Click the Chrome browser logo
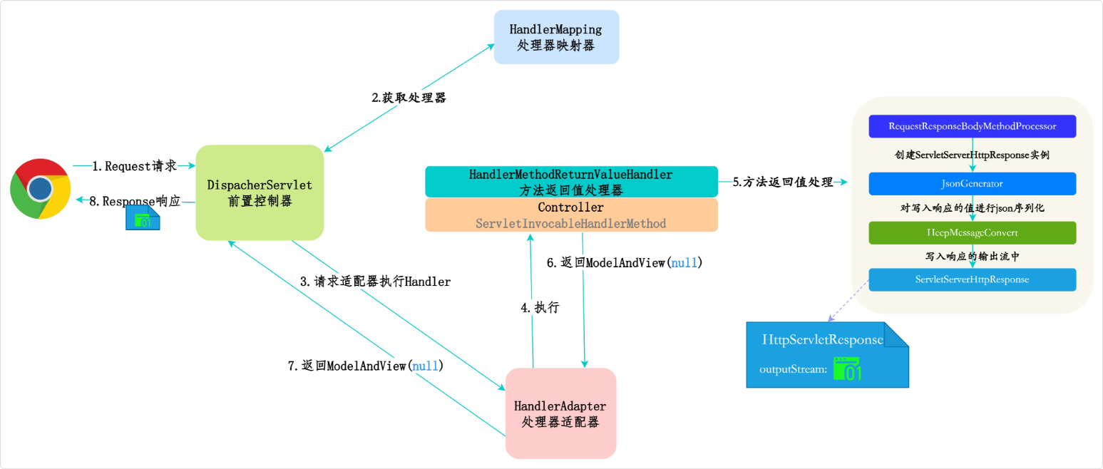click(x=41, y=188)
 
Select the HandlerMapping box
click(x=556, y=37)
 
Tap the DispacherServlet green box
click(x=260, y=192)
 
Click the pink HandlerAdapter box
click(x=560, y=413)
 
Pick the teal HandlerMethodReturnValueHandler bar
click(x=571, y=182)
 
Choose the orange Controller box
click(x=571, y=215)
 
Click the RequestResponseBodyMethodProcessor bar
click(x=972, y=126)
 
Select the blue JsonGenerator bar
click(x=972, y=184)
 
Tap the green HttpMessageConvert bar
click(x=972, y=233)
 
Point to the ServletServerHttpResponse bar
click(x=972, y=279)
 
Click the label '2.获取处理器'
click(x=409, y=98)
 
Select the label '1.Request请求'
click(x=135, y=166)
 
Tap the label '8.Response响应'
click(x=135, y=201)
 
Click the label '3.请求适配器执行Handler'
click(x=375, y=282)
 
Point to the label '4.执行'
click(x=540, y=308)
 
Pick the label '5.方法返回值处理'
click(x=783, y=182)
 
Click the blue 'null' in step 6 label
click(x=684, y=262)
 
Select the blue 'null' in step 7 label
click(x=426, y=366)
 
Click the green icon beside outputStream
click(x=848, y=368)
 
